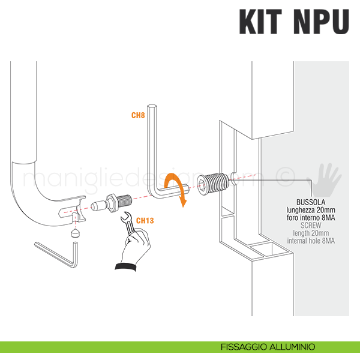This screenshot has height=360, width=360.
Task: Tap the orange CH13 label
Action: pos(145,221)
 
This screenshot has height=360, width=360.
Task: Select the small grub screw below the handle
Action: pos(74,232)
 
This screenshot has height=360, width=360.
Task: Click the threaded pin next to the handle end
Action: pos(114,202)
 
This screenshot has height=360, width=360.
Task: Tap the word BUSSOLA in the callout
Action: pos(311,202)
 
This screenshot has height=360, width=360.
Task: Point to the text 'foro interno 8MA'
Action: pos(311,218)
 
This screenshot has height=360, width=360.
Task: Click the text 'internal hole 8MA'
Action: pos(311,241)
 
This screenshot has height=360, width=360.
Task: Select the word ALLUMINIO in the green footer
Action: pos(294,347)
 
